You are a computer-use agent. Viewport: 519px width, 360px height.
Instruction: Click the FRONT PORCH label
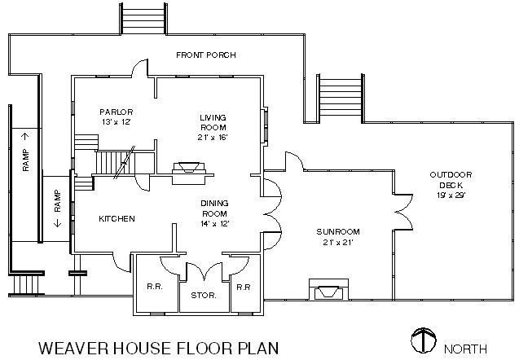206,55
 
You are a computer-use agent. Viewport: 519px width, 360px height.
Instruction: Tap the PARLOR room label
116,112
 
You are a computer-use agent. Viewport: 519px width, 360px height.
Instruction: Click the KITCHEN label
117,219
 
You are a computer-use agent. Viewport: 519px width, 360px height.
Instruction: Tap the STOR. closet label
204,295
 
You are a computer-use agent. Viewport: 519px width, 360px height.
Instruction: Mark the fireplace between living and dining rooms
189,169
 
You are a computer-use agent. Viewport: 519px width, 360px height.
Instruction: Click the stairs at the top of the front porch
143,16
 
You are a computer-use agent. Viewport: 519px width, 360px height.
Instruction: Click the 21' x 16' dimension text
213,138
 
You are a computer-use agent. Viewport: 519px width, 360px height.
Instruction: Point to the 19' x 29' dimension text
451,195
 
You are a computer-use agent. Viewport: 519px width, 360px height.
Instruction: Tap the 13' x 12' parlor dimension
116,121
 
